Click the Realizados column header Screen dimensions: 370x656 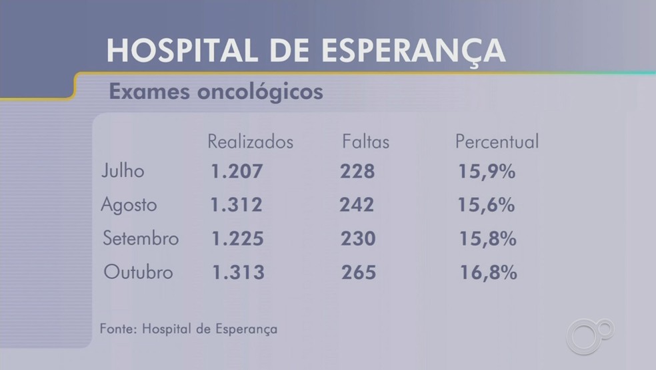250,142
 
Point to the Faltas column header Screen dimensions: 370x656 365,142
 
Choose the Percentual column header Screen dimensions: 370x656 497,142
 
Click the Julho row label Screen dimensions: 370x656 123,171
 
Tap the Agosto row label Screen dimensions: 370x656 128,205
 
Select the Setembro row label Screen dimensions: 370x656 141,238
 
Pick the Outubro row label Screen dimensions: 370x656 139,272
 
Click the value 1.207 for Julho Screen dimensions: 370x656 237,172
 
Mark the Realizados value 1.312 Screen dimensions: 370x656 237,205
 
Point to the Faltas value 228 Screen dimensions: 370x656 357,172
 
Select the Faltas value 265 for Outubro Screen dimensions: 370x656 359,272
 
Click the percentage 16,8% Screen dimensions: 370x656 488,272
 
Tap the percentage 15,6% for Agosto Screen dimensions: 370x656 486,205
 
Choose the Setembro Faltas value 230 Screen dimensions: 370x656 358,238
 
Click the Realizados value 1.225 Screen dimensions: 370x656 237,238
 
